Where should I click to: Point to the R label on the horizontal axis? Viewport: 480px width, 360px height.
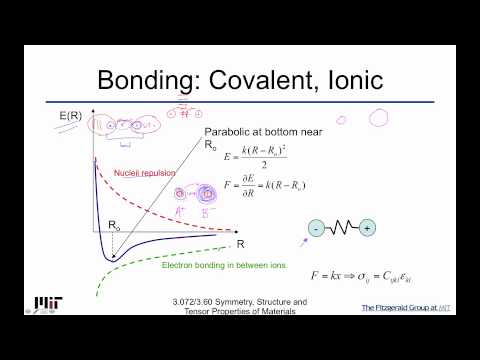click(240, 243)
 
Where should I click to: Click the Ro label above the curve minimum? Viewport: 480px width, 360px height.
click(113, 226)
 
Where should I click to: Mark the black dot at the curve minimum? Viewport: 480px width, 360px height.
click(113, 257)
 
